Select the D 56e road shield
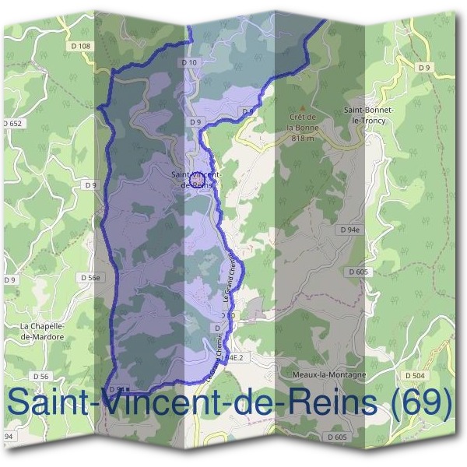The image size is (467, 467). pos(91,277)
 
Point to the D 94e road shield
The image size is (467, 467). pos(349,230)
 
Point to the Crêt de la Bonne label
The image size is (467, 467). pos(303,121)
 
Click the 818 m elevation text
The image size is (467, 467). pos(303,138)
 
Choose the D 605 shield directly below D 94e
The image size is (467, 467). pos(359,272)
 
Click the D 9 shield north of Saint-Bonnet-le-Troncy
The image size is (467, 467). pos(424,68)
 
